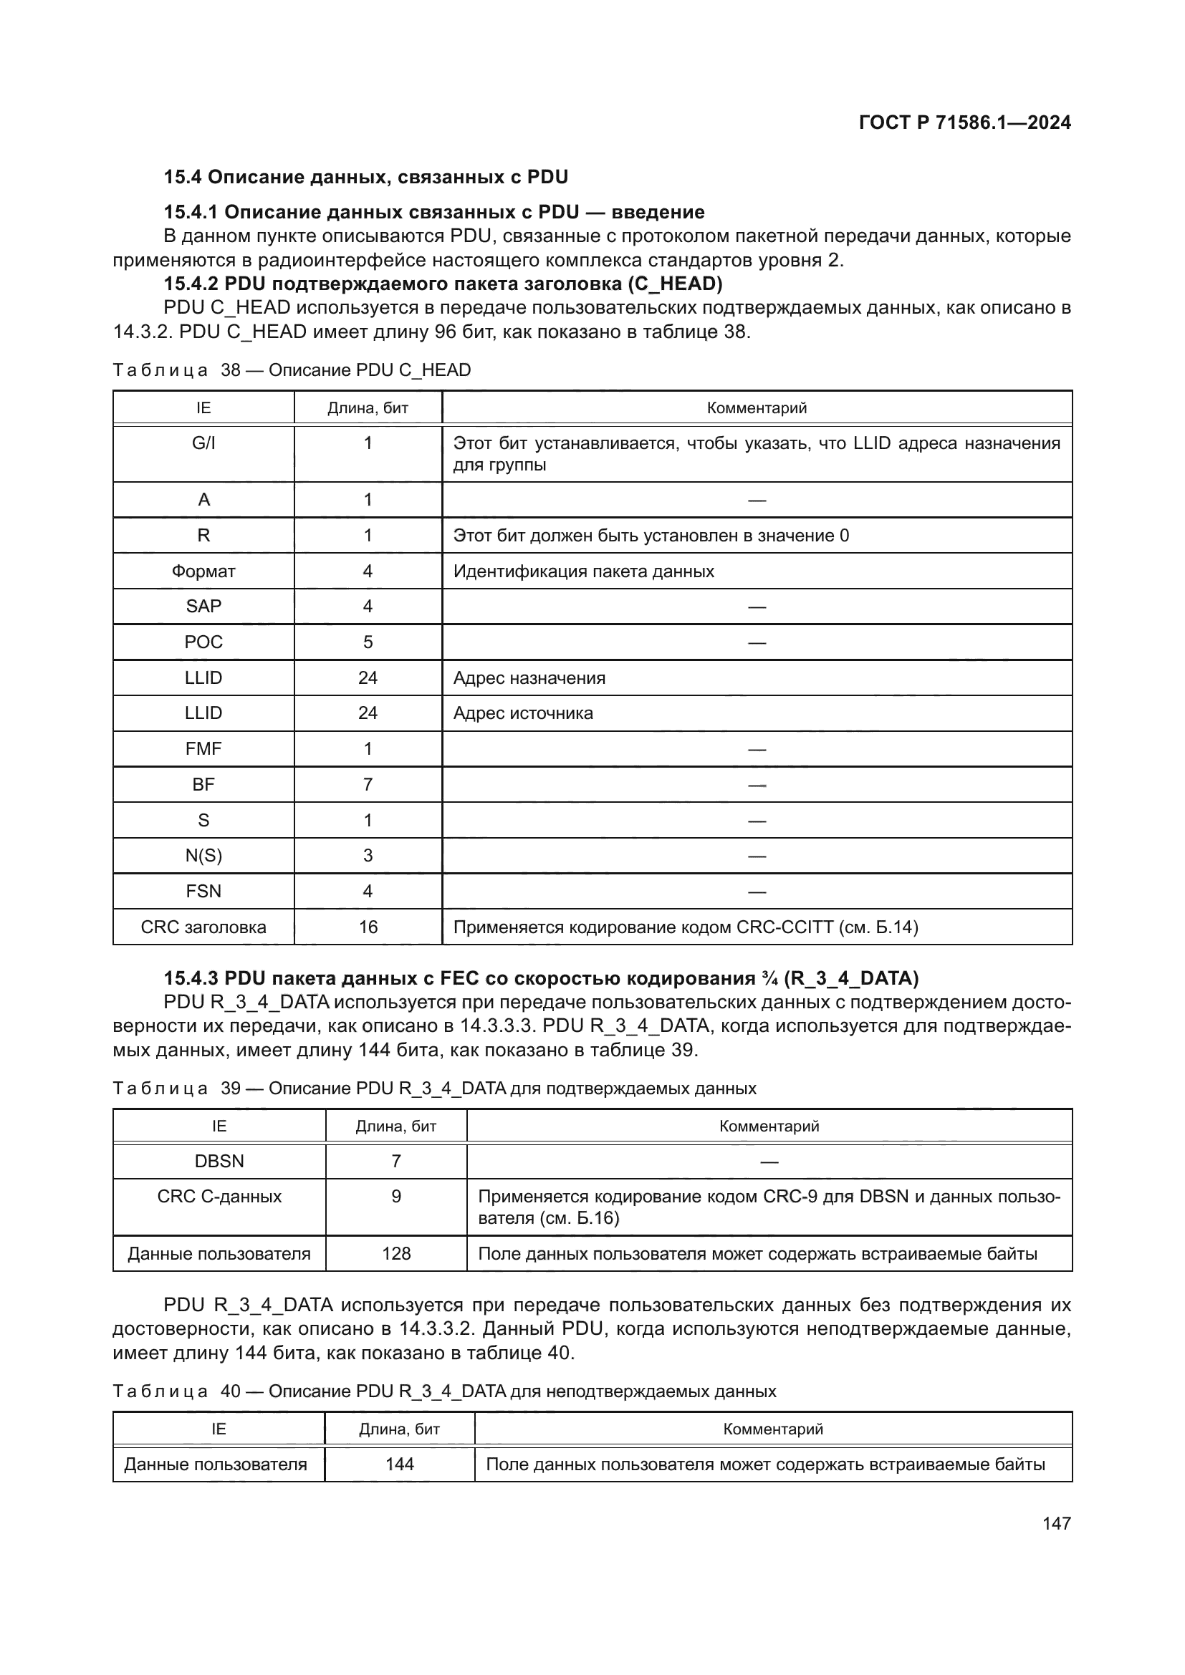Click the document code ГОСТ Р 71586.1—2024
[x=964, y=122]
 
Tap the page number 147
[x=1056, y=1523]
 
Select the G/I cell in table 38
[x=203, y=443]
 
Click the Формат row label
[x=203, y=571]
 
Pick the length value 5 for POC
[x=368, y=642]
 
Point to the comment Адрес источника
[x=522, y=713]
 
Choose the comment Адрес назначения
[x=529, y=677]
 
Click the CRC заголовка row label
[x=203, y=927]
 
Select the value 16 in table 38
[x=368, y=927]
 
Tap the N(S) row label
[x=203, y=856]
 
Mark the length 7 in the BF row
[x=368, y=784]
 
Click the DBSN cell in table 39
[x=219, y=1161]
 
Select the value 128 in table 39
[x=396, y=1253]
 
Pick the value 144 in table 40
[x=399, y=1464]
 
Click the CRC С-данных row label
[x=219, y=1197]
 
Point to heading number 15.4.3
[x=191, y=978]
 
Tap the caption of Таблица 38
[x=291, y=370]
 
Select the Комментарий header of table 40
[x=773, y=1429]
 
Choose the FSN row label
[x=203, y=892]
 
